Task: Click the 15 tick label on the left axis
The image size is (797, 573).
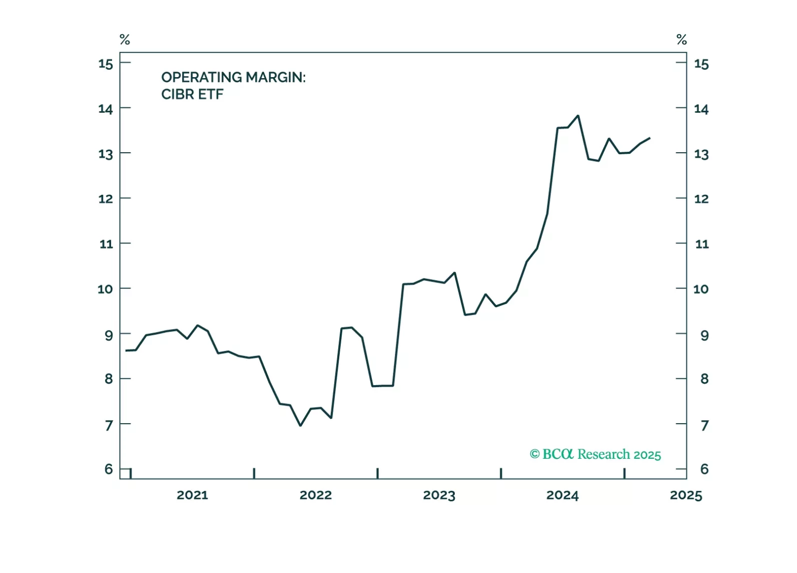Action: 106,64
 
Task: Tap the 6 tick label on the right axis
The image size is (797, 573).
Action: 704,469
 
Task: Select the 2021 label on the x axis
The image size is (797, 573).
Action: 192,495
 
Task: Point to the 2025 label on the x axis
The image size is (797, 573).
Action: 686,495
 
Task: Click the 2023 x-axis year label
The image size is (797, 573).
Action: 439,495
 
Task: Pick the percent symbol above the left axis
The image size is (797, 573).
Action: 125,40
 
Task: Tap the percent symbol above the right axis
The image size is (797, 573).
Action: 681,40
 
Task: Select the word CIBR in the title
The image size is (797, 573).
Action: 178,94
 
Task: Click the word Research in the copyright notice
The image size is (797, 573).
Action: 603,454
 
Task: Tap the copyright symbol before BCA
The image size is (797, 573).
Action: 535,454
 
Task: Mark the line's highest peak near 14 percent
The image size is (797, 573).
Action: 578,116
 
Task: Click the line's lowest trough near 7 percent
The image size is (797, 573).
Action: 300,425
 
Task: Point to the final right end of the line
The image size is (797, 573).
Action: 649,138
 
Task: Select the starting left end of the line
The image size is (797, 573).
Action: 126,350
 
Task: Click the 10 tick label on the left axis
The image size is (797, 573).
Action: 105,289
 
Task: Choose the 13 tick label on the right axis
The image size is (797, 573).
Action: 701,154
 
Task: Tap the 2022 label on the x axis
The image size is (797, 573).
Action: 316,495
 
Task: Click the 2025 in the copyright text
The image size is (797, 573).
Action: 647,455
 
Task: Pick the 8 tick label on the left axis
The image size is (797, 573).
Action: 109,379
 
